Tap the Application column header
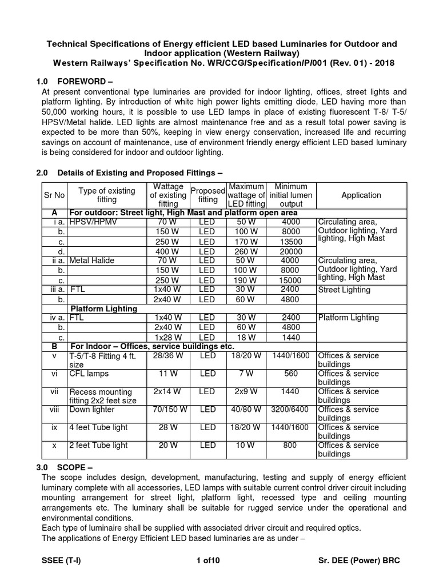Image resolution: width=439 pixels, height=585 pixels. [x=361, y=195]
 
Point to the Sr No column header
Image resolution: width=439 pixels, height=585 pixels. [x=54, y=195]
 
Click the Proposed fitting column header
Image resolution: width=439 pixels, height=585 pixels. [x=207, y=195]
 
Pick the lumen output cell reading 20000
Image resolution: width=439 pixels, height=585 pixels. [x=291, y=251]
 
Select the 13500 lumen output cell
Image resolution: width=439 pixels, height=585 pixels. [x=291, y=242]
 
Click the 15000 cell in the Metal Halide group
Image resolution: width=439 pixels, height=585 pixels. [x=291, y=281]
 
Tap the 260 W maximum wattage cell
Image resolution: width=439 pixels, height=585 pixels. [x=247, y=251]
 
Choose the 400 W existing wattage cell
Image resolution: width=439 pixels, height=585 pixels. [x=168, y=251]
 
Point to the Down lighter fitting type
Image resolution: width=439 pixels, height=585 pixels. [x=90, y=409]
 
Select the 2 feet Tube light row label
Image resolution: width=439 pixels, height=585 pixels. [x=98, y=445]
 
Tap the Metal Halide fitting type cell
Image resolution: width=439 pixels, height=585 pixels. [x=91, y=261]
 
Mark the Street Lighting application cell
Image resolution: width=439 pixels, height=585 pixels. [x=344, y=290]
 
